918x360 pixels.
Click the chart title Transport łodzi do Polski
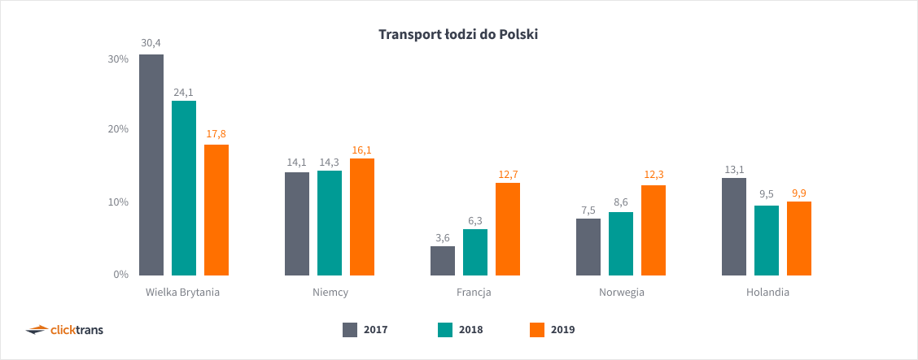(458, 35)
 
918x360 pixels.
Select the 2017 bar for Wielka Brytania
(151, 165)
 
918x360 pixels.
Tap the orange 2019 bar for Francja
(508, 229)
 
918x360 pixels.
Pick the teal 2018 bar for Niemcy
(330, 223)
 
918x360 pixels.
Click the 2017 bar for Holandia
(734, 227)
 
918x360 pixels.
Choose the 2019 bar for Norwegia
(654, 230)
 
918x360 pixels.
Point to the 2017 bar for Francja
(443, 261)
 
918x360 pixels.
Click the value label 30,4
(151, 42)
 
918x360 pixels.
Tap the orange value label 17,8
(216, 133)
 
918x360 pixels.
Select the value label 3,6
(443, 237)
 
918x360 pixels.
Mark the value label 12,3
(654, 174)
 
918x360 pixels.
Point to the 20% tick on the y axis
(117, 129)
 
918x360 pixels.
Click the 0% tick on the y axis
(120, 275)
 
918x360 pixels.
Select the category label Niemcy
(330, 293)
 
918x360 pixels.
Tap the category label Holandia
(767, 293)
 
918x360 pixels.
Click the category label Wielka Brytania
(183, 293)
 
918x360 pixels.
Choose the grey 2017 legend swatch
(350, 329)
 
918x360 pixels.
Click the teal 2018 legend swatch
(444, 329)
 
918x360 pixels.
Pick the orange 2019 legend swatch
(536, 329)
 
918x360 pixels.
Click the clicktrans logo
(65, 329)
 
